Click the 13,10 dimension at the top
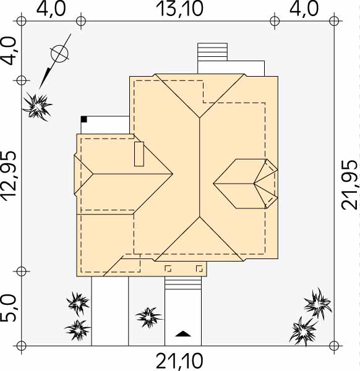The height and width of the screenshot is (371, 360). [179, 9]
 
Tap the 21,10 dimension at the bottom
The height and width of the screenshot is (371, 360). [179, 361]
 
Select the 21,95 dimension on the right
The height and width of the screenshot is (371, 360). [349, 185]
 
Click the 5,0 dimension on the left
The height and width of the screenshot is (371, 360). [9, 309]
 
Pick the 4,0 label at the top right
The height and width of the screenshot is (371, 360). [304, 9]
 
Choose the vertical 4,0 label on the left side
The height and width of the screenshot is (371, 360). [9, 51]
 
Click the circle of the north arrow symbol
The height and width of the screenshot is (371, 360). [59, 53]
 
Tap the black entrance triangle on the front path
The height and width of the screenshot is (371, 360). [183, 334]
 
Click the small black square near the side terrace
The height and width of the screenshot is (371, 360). [84, 119]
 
